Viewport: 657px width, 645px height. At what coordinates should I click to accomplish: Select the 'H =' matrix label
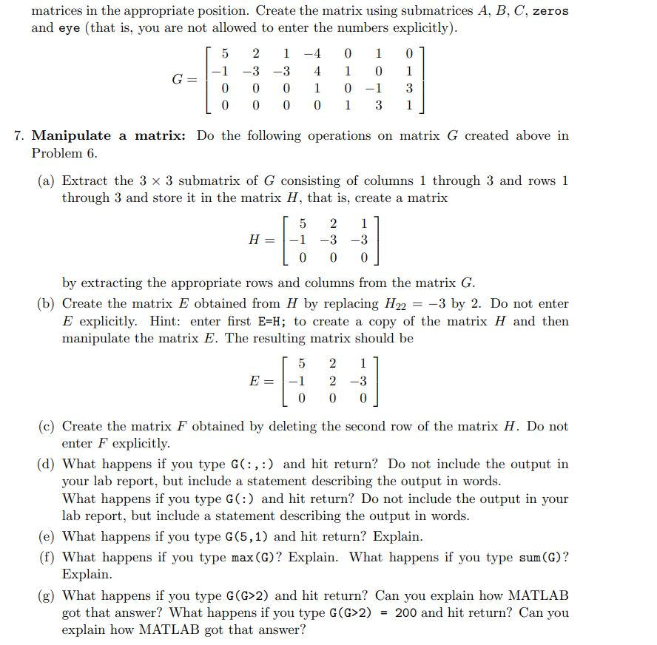point(263,240)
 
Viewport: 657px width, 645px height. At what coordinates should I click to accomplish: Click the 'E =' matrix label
point(263,381)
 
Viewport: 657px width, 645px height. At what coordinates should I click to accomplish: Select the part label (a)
point(48,180)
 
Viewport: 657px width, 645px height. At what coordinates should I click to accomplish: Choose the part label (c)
point(48,426)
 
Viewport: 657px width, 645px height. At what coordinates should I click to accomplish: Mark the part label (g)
point(48,595)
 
